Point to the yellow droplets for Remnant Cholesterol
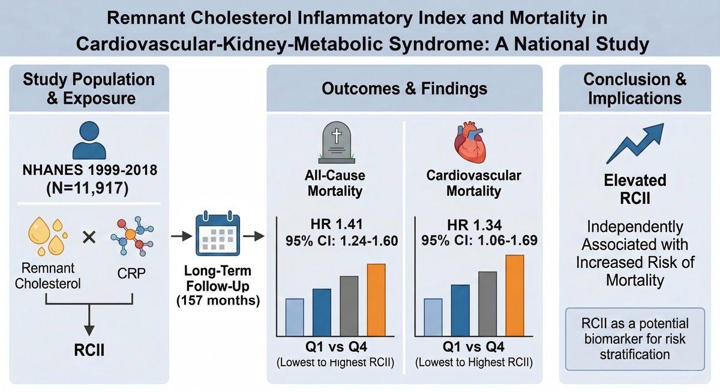click(47, 234)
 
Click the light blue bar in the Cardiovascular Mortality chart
click(433, 317)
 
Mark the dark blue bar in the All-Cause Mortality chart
click(322, 312)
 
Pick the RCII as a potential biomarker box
click(634, 338)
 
